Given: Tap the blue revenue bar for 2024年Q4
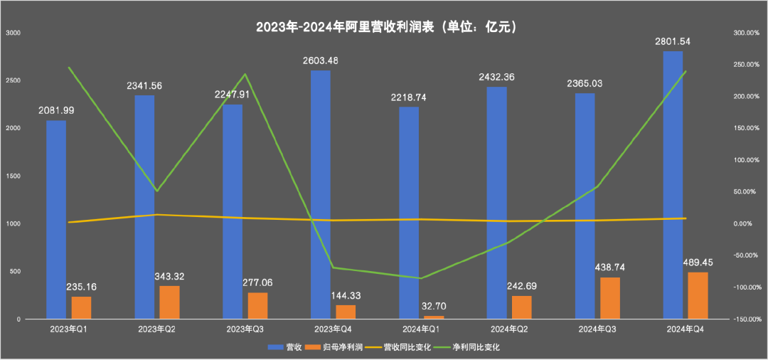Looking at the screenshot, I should click(x=673, y=185).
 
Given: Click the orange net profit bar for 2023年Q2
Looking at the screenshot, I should click(x=169, y=302).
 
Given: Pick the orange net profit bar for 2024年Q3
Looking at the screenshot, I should click(x=610, y=298).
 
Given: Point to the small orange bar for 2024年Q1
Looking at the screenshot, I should click(x=434, y=317).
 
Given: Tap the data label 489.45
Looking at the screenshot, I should click(x=703, y=262).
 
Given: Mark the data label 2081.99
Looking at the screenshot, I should click(x=56, y=110).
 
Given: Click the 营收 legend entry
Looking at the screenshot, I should click(x=285, y=348).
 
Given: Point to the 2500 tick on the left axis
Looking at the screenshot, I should click(x=14, y=80).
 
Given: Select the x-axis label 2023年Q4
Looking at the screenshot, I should click(x=333, y=330).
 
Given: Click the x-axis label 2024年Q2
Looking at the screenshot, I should click(x=509, y=330).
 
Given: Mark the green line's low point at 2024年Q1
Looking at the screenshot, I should click(x=421, y=278).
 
